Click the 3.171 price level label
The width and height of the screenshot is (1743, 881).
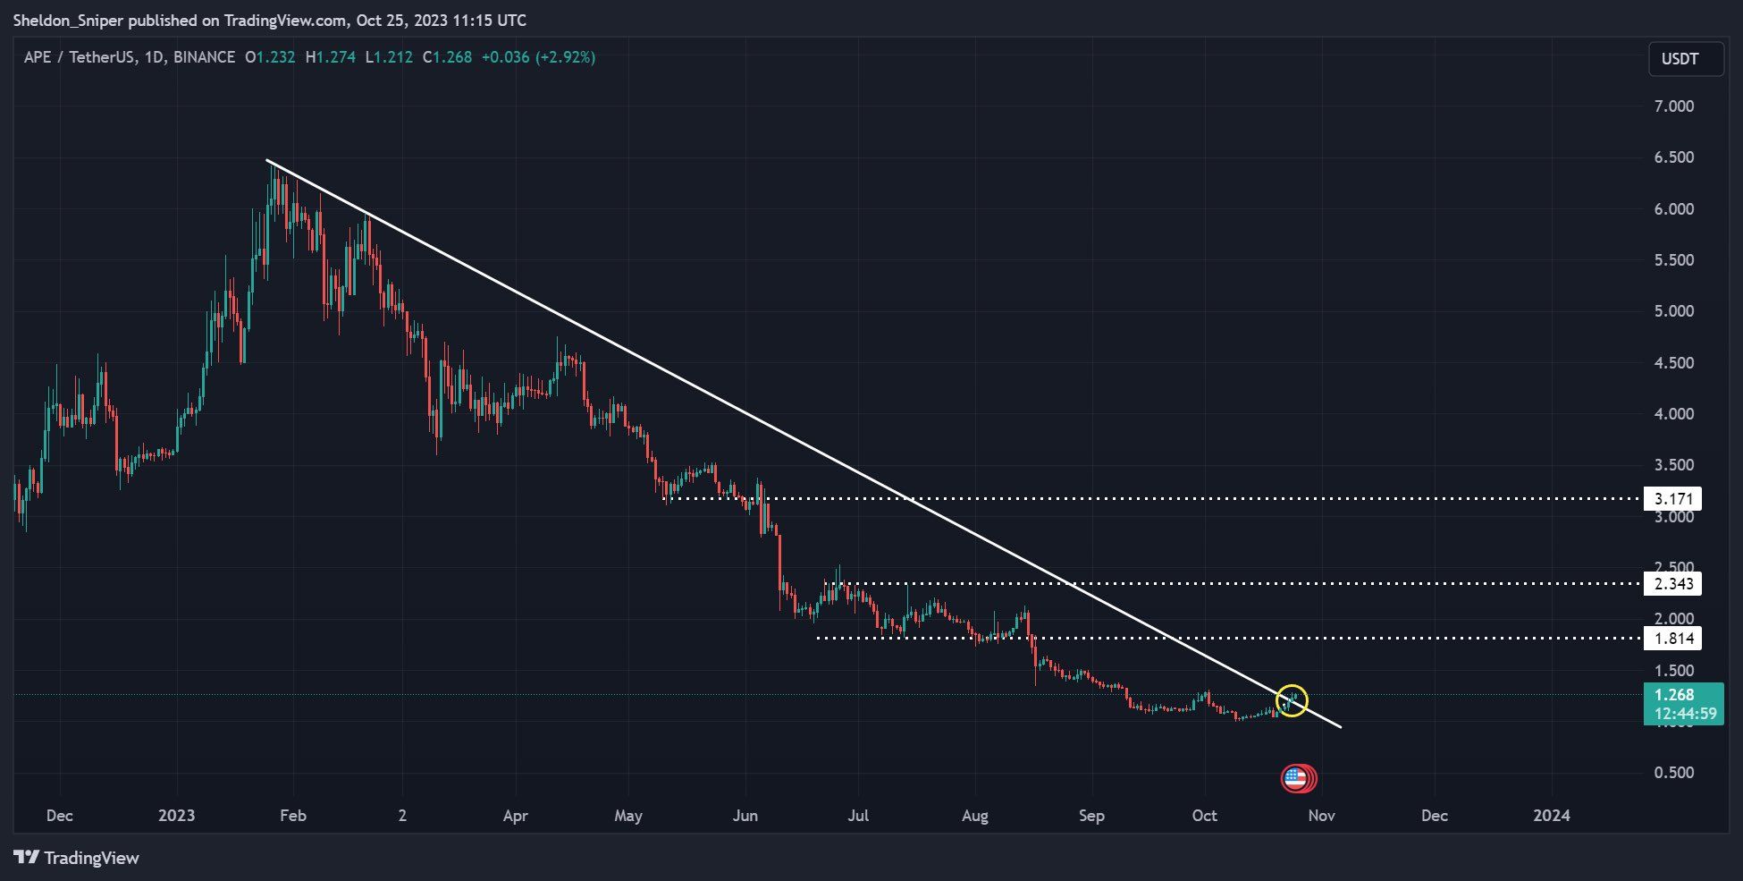point(1672,498)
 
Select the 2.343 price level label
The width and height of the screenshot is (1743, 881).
point(1672,584)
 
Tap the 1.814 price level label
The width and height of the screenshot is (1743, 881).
point(1672,638)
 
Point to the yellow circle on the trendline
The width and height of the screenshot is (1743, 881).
point(1292,700)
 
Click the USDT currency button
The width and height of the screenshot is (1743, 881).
point(1685,59)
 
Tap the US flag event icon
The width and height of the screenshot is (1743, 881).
point(1295,778)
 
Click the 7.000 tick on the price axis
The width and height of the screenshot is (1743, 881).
point(1673,106)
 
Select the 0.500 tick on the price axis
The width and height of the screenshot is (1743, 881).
point(1673,773)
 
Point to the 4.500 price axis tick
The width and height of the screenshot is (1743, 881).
point(1673,363)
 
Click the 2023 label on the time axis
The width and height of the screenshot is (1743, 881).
point(176,816)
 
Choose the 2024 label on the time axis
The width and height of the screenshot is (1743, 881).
point(1551,816)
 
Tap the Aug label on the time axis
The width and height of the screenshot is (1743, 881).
point(974,816)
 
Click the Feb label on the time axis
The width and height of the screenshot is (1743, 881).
point(292,816)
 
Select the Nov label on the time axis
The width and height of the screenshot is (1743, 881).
point(1321,816)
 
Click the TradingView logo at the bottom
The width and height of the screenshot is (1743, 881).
point(77,858)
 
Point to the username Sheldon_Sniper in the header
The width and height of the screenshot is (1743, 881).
point(68,20)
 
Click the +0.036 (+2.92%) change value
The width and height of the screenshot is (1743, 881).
point(538,57)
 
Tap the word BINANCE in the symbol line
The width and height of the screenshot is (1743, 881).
point(204,57)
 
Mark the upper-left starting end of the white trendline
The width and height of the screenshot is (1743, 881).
point(267,160)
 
